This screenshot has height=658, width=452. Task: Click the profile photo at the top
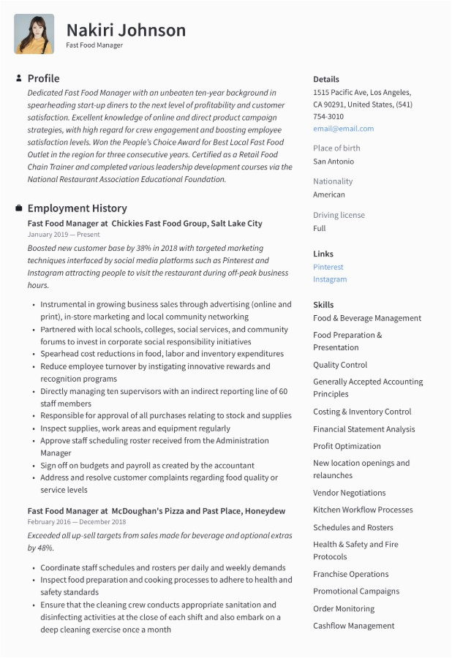[34, 34]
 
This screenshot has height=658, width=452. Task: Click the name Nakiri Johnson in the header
[126, 30]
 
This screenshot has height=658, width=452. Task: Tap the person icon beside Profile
[18, 78]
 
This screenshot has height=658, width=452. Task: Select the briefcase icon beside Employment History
[18, 208]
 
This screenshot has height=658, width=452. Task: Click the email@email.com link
[343, 129]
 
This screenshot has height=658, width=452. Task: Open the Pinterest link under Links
[328, 268]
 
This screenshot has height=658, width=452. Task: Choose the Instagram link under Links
[330, 279]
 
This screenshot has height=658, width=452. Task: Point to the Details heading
[326, 79]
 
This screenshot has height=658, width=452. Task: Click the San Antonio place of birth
[334, 162]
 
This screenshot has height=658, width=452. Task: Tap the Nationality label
[333, 181]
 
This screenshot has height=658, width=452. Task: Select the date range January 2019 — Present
[64, 235]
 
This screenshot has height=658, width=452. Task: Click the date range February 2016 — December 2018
[77, 522]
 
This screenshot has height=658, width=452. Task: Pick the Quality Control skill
[340, 365]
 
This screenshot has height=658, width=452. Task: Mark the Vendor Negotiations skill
[349, 493]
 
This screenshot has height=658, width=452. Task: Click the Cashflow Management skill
[353, 626]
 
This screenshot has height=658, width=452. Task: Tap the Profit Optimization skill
[347, 446]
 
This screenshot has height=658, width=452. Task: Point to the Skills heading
[323, 305]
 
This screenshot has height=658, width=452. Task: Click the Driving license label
[339, 215]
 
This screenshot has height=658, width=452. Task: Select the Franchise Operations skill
[351, 574]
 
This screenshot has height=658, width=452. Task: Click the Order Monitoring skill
[344, 608]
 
